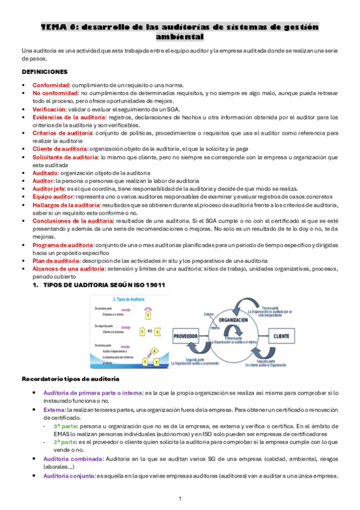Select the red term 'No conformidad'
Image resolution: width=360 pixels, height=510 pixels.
[x=55, y=93]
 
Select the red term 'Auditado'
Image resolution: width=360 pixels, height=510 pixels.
[x=45, y=173]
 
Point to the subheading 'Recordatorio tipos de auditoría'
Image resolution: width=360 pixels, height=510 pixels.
[x=70, y=379]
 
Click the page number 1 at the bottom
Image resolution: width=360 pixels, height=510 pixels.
[x=180, y=499]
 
